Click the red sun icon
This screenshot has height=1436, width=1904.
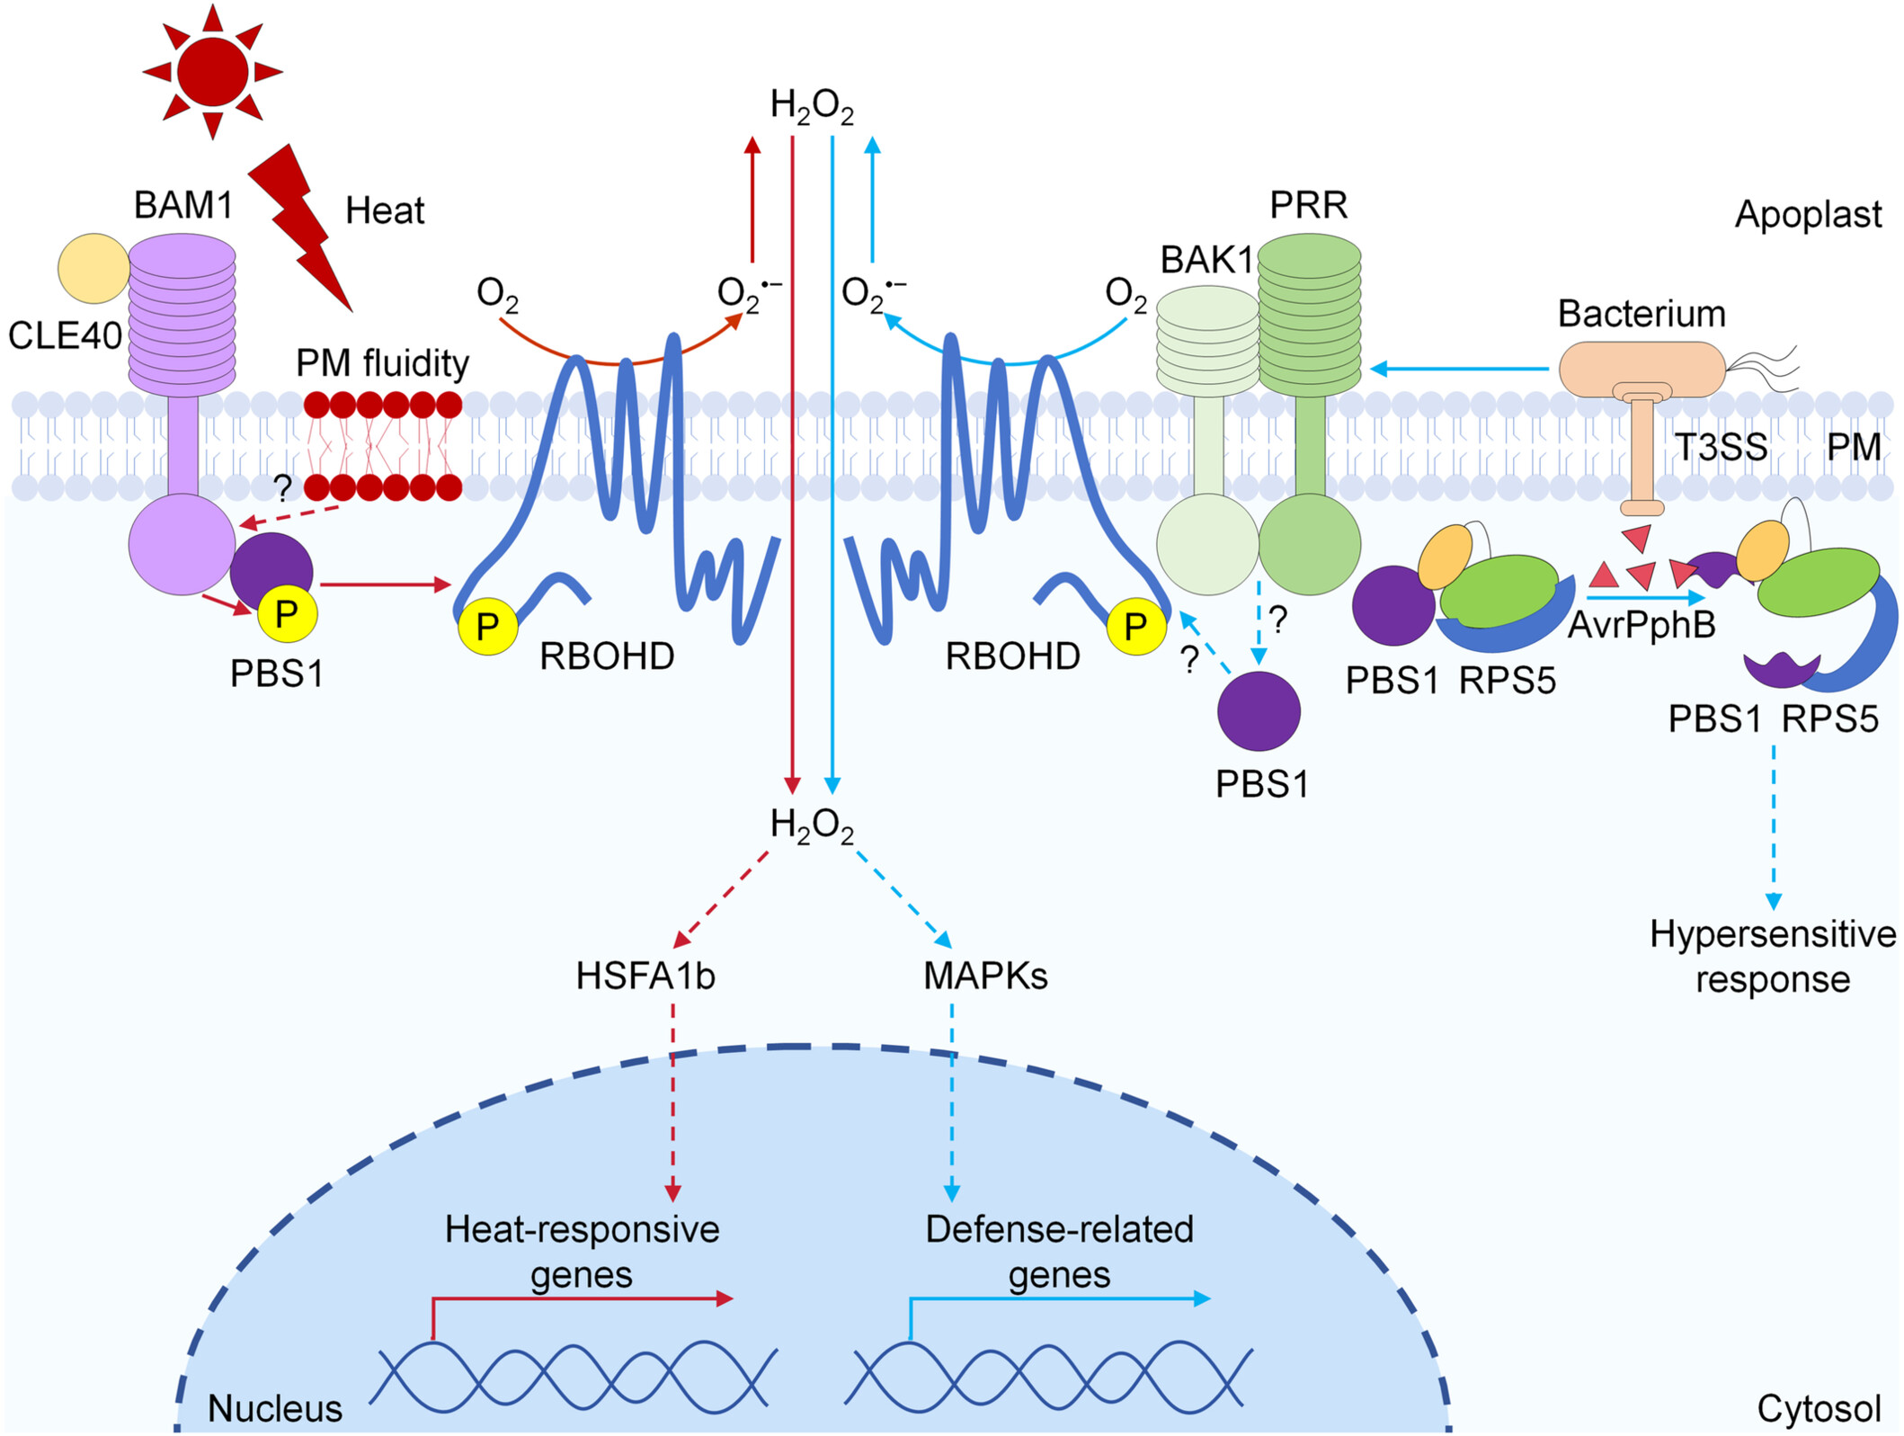tap(212, 72)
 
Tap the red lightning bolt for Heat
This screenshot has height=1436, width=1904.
tap(301, 225)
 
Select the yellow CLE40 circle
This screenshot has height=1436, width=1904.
tap(93, 268)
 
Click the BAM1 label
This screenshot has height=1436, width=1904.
tap(183, 205)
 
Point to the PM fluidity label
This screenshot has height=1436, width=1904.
tap(382, 363)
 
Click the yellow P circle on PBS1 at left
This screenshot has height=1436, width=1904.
tap(287, 615)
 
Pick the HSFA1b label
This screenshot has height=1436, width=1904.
tap(645, 976)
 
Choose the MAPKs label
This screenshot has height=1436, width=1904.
tap(985, 976)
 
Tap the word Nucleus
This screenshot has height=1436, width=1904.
tap(274, 1408)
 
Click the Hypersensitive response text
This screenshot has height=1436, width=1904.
tap(1772, 956)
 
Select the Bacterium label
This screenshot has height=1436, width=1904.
tap(1642, 314)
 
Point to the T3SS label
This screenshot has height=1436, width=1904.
tap(1721, 447)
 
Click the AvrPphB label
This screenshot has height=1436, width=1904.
tap(1642, 624)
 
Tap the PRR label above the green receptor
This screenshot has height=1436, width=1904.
tap(1308, 205)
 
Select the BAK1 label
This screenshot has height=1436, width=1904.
tap(1206, 260)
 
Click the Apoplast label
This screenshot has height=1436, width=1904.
tap(1808, 214)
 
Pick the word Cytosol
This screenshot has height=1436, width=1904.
tap(1819, 1408)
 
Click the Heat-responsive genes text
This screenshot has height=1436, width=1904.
tap(582, 1251)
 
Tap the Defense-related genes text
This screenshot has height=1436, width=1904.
tap(1059, 1251)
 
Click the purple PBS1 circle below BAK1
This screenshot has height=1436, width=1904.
tap(1259, 710)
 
